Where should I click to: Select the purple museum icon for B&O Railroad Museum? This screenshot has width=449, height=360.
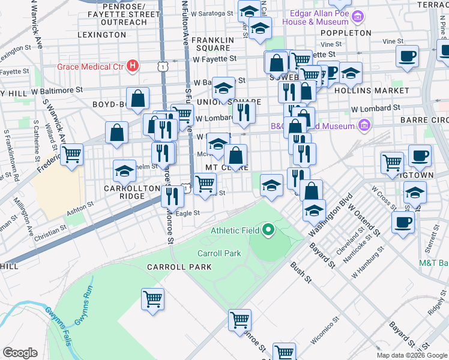click(364, 126)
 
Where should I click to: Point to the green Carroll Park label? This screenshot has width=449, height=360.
click(219, 253)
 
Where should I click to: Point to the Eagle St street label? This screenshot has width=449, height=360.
click(187, 213)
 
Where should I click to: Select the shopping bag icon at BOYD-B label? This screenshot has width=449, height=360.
click(137, 100)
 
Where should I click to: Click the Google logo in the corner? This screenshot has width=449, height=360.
click(20, 353)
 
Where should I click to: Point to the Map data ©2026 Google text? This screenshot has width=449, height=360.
click(411, 355)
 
